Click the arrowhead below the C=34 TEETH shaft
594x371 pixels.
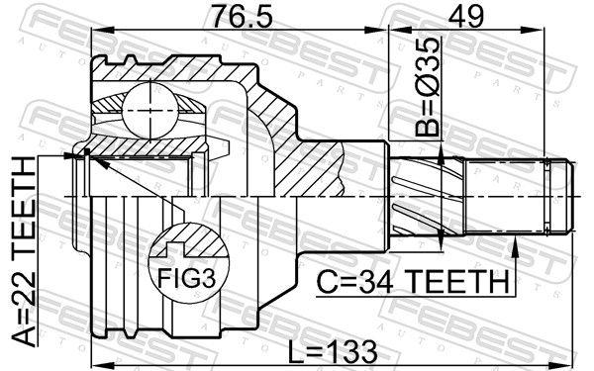coord(515,245)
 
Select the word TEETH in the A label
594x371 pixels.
coord(23,203)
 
